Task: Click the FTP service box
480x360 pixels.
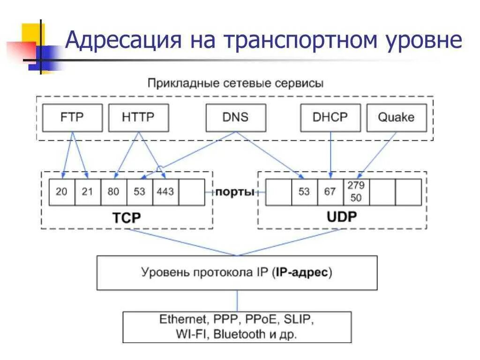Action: [72, 117]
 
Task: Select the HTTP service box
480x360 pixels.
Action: [138, 117]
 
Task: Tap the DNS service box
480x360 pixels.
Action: [235, 117]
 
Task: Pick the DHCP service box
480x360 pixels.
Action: [330, 117]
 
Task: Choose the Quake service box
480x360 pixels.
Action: [396, 117]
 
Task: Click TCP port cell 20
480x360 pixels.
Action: [62, 192]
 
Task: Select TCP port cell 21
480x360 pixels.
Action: [88, 192]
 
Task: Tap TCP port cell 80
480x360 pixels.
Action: [113, 192]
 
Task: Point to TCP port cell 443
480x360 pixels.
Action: [165, 192]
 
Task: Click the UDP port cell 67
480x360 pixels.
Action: [330, 192]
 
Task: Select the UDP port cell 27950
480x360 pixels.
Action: [356, 192]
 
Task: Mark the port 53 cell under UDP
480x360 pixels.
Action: [304, 192]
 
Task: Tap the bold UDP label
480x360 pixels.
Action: [341, 217]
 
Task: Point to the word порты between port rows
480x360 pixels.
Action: [235, 192]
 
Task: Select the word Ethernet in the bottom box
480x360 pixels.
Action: [182, 320]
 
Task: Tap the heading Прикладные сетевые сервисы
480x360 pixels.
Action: [235, 84]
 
